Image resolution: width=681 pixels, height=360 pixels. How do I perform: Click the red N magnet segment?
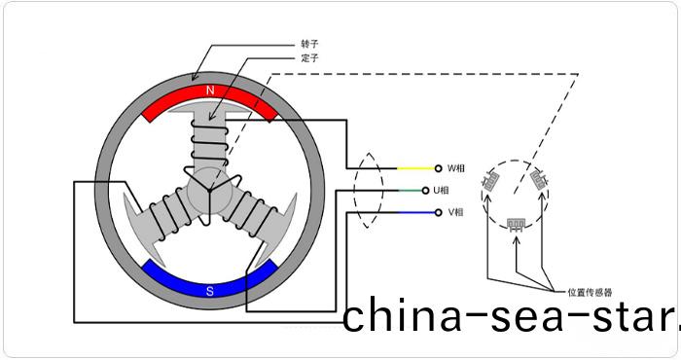click(x=210, y=98)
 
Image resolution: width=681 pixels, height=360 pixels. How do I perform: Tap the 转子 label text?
click(x=310, y=44)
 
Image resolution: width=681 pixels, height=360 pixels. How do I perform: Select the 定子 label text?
click(x=310, y=58)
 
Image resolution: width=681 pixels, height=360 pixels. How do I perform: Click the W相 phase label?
click(x=455, y=167)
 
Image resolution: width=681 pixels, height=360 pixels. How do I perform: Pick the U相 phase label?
click(x=455, y=190)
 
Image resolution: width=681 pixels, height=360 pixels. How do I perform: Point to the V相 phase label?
click(x=455, y=212)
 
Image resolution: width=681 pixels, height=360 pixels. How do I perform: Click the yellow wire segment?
click(x=413, y=167)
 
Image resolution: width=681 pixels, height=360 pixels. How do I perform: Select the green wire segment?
click(x=413, y=190)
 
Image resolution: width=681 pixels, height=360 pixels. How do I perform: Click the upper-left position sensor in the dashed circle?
click(x=494, y=179)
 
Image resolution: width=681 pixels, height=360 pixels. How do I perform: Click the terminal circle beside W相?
click(x=438, y=167)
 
